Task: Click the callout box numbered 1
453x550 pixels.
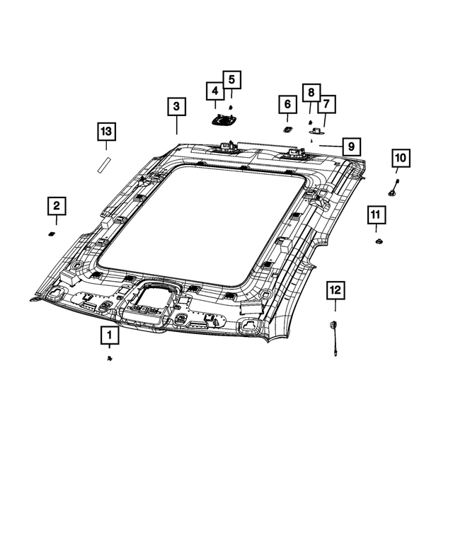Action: pyautogui.click(x=109, y=335)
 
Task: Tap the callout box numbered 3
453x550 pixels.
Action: pyautogui.click(x=177, y=107)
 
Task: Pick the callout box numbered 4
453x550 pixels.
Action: pyautogui.click(x=214, y=91)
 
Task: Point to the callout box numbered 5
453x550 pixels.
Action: pyautogui.click(x=231, y=79)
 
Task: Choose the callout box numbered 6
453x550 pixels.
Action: pyautogui.click(x=287, y=104)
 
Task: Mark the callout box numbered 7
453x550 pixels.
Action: pyautogui.click(x=326, y=105)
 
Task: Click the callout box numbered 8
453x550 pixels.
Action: pyautogui.click(x=309, y=92)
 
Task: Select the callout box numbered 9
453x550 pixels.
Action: pyautogui.click(x=350, y=147)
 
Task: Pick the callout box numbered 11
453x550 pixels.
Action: pyautogui.click(x=375, y=214)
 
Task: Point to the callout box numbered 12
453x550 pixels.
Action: pyautogui.click(x=335, y=290)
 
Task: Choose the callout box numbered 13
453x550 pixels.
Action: pyautogui.click(x=106, y=132)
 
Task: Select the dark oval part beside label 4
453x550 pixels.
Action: pyautogui.click(x=224, y=120)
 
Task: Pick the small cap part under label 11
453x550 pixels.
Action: pyautogui.click(x=378, y=243)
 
